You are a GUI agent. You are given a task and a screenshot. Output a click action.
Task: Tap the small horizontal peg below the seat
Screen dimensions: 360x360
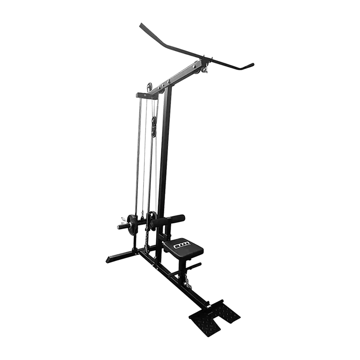193,266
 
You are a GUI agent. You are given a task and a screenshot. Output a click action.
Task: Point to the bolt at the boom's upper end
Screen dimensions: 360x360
198,66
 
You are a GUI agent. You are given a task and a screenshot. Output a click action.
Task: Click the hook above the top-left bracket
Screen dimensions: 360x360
149,86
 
